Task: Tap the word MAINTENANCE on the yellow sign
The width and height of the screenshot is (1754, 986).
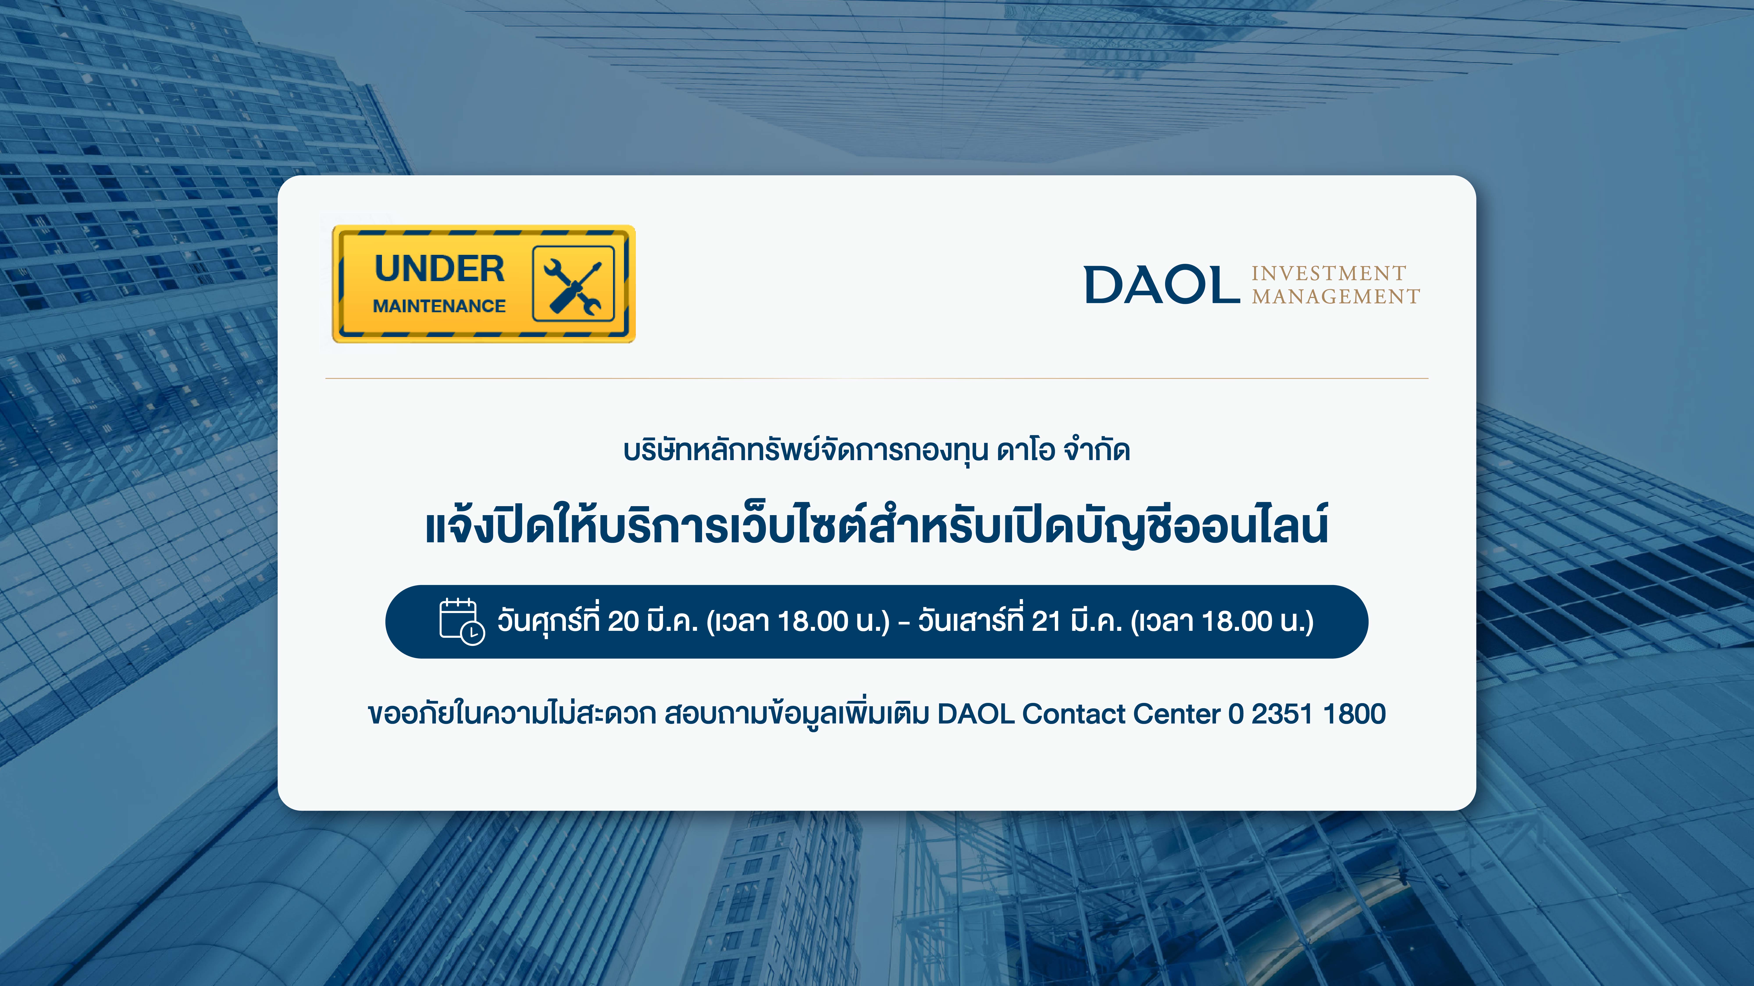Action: pyautogui.click(x=439, y=306)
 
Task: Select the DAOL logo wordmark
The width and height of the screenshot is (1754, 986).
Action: pyautogui.click(x=1162, y=284)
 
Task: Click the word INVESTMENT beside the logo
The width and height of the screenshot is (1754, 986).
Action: pyautogui.click(x=1328, y=273)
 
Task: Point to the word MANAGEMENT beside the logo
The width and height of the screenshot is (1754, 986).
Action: pyautogui.click(x=1336, y=297)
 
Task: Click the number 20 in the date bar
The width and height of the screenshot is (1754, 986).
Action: pyautogui.click(x=623, y=621)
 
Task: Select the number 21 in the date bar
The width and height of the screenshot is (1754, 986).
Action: pyautogui.click(x=1046, y=621)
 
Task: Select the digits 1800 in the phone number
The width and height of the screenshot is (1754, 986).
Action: pyautogui.click(x=1354, y=714)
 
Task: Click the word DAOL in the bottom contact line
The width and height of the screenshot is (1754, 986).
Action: pyautogui.click(x=976, y=714)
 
